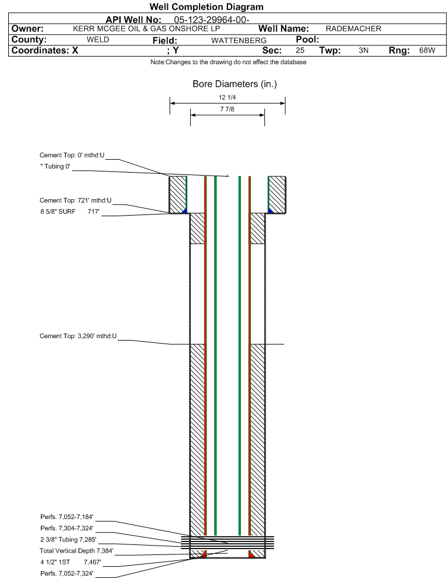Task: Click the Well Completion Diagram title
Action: [x=206, y=6]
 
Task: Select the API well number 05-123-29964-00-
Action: [x=211, y=19]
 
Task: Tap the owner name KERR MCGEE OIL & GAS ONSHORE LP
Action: [x=146, y=29]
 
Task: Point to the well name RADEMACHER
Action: [x=353, y=29]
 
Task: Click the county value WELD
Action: [x=98, y=39]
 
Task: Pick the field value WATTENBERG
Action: [x=239, y=40]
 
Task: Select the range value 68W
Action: [x=427, y=50]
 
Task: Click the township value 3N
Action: [x=363, y=50]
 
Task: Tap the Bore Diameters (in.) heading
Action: [x=235, y=84]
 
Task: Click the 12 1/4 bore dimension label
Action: [x=227, y=97]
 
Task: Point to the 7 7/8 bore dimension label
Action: [x=227, y=109]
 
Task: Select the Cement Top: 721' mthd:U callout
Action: [x=75, y=200]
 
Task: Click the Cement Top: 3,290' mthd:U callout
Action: [x=78, y=336]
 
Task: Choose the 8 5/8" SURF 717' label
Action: [x=70, y=212]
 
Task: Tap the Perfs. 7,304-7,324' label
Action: [x=67, y=529]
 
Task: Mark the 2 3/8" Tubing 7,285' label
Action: [x=68, y=540]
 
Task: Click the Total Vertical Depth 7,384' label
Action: [x=77, y=551]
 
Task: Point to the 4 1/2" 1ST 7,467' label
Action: [x=71, y=562]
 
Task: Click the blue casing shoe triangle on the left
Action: [x=185, y=211]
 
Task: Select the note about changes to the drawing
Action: [x=228, y=62]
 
